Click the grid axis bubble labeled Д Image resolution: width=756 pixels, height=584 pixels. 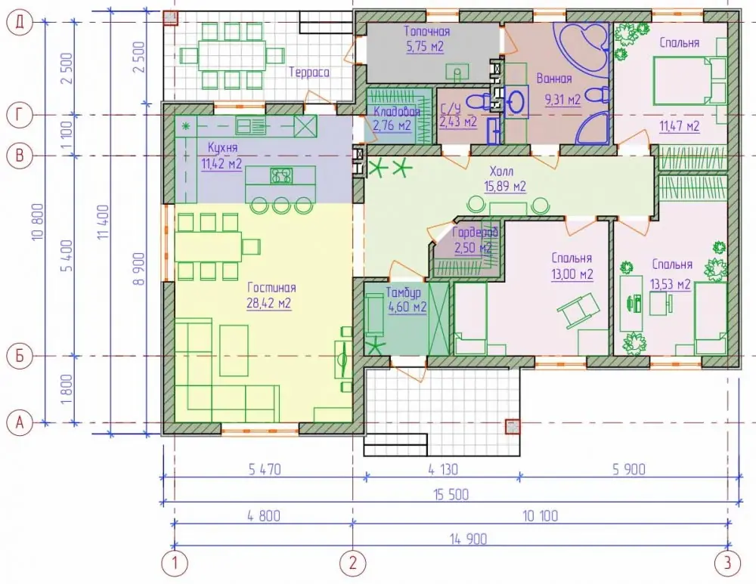point(20,23)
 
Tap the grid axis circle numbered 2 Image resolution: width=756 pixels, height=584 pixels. point(353,562)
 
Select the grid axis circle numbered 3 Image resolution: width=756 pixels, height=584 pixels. point(727,562)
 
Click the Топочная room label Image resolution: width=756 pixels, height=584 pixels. point(426,31)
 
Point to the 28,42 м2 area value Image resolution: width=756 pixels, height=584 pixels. point(269,304)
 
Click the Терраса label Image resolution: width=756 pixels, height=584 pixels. point(309,73)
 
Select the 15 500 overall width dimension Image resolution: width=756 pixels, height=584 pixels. point(451,494)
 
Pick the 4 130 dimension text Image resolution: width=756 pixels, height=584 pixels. point(443,469)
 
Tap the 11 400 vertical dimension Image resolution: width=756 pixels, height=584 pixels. point(104,222)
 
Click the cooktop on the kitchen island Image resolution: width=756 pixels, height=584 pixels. point(281,175)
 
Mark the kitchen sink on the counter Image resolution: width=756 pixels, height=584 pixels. point(251,127)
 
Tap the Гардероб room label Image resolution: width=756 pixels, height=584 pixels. point(475,232)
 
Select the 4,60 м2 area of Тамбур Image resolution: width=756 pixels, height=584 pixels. point(407,307)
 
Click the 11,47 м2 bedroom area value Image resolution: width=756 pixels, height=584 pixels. point(680,126)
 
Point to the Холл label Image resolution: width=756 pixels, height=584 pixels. point(501,171)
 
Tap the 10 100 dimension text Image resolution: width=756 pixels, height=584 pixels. point(540,516)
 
